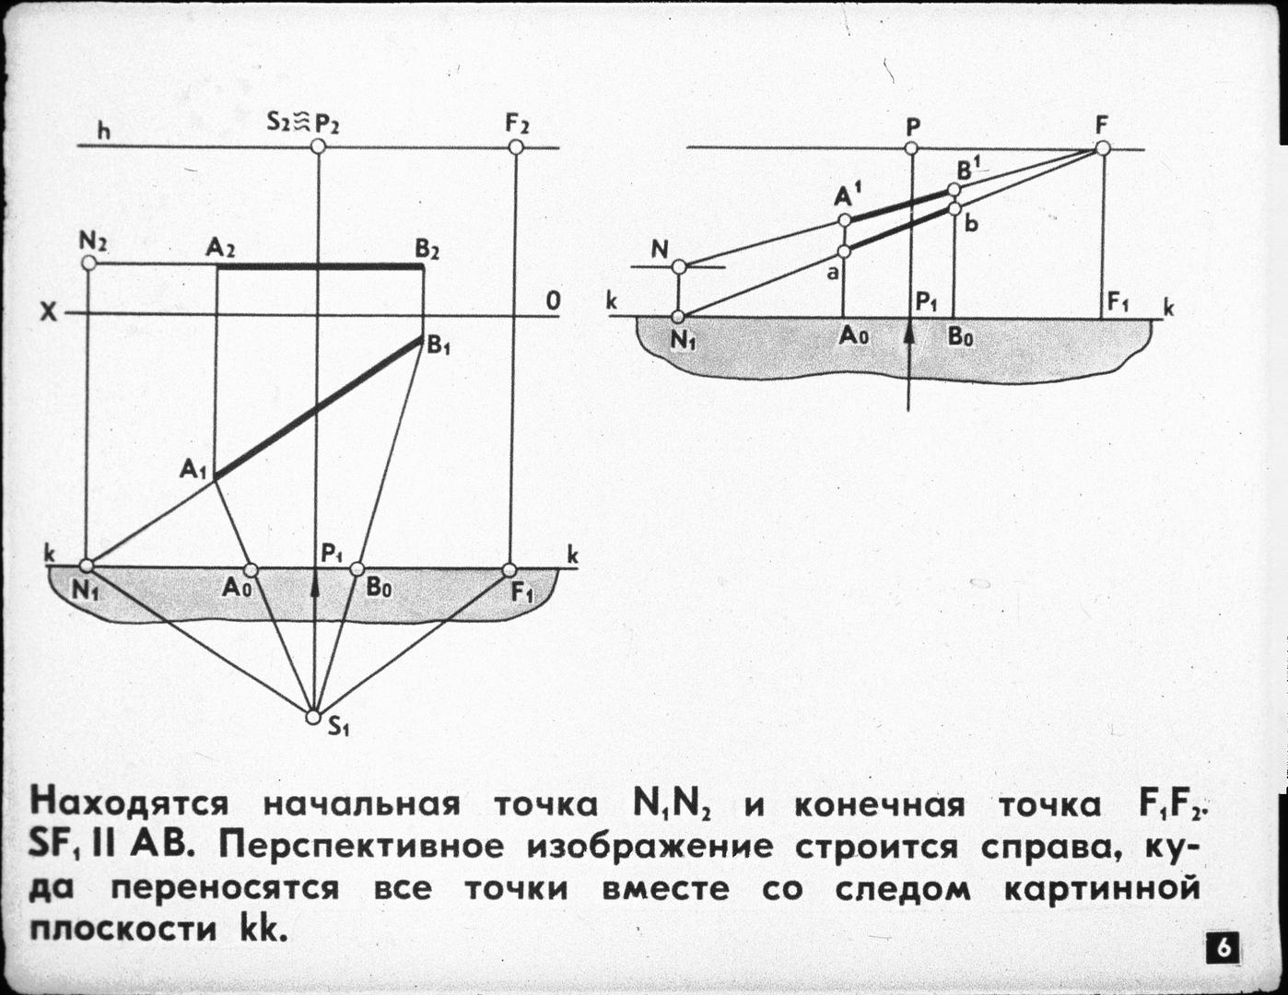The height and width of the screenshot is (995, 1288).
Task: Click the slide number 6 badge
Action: click(1222, 948)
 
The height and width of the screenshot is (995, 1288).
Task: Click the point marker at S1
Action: click(313, 717)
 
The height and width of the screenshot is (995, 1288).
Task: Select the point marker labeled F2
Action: click(516, 147)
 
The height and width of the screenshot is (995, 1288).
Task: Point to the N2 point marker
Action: click(89, 263)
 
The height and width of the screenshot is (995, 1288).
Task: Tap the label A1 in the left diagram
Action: click(193, 470)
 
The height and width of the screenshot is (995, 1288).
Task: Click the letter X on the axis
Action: click(48, 313)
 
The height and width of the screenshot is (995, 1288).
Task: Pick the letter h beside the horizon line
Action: click(104, 132)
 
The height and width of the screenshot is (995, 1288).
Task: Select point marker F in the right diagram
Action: click(1103, 147)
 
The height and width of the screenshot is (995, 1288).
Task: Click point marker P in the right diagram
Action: click(911, 147)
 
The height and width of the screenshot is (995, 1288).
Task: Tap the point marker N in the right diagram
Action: click(679, 267)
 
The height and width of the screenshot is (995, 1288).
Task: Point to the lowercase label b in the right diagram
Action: click(971, 224)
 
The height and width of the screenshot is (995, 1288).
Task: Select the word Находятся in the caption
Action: click(129, 803)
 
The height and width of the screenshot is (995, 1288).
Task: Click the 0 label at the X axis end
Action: click(552, 301)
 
